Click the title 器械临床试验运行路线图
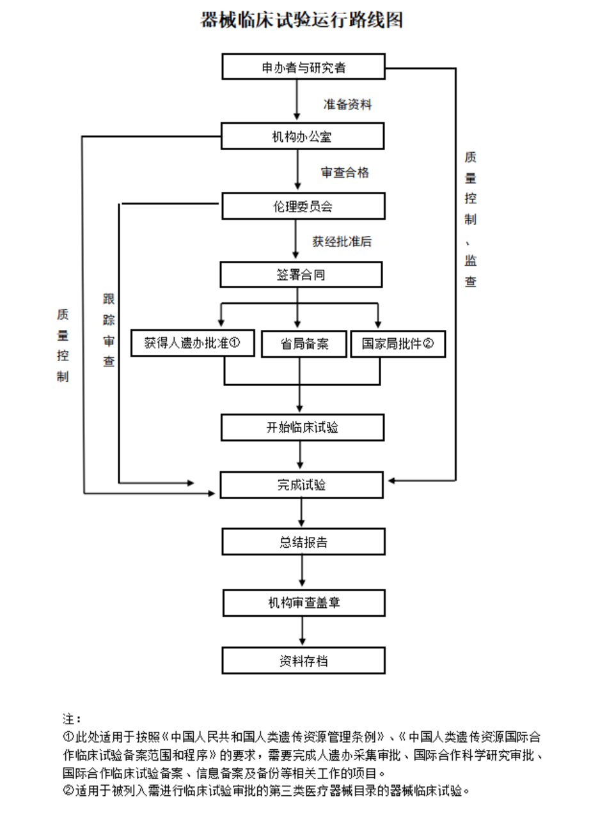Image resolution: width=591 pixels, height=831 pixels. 301,20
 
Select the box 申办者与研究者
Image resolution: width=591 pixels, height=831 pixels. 303,67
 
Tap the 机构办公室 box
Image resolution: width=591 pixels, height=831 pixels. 303,136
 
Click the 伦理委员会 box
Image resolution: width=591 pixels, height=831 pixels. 303,206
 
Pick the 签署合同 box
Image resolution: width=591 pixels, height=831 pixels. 301,275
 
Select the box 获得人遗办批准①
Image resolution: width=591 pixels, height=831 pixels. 192,343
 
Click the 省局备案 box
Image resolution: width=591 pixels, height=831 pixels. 304,344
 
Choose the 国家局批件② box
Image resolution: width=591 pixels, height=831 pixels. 398,344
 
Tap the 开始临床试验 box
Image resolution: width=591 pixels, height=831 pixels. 303,428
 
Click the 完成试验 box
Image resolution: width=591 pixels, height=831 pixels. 301,485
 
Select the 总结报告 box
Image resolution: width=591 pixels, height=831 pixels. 303,542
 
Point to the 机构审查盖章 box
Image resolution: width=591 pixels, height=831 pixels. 304,603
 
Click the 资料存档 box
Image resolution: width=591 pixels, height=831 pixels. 303,660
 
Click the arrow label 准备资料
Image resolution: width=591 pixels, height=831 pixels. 347,104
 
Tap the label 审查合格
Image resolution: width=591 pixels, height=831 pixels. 345,173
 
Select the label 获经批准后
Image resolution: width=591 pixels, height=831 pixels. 342,242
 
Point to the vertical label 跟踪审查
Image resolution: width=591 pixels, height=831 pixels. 109,330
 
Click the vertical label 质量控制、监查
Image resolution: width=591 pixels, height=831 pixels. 470,219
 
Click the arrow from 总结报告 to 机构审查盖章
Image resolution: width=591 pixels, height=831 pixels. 303,572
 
